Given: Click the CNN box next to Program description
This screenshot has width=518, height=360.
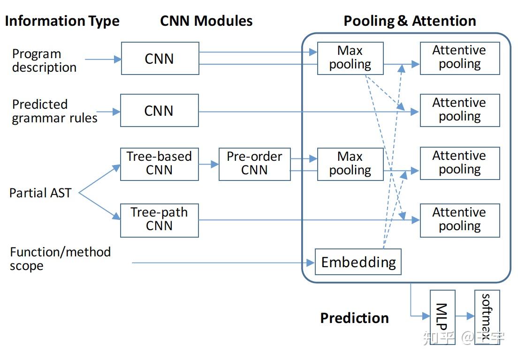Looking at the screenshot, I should [160, 58].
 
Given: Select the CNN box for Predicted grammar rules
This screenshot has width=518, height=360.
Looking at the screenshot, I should [159, 111].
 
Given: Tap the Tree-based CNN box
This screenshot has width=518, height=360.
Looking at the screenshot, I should [159, 164].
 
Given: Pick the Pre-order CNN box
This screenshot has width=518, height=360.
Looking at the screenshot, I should [254, 164].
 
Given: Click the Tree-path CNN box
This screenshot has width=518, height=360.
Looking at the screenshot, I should [159, 220].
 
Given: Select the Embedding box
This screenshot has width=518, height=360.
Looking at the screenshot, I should [358, 262].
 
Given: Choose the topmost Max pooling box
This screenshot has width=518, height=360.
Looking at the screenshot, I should [350, 58].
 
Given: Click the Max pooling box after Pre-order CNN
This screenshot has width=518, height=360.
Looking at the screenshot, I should [350, 164].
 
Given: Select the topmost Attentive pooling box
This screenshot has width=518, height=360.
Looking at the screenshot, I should [459, 58].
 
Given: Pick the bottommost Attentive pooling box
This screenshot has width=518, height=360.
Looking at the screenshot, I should [459, 220].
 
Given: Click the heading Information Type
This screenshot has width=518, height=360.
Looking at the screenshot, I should [62, 21].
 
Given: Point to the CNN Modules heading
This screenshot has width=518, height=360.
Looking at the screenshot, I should [206, 21].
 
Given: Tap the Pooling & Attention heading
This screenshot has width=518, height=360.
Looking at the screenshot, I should [410, 21].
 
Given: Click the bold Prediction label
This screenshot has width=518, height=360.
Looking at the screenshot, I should [354, 318].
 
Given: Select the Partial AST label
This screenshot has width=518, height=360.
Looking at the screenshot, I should [40, 193].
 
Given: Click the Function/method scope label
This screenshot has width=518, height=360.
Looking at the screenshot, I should [60, 259].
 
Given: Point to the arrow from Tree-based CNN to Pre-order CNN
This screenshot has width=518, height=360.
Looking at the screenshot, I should [209, 164].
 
